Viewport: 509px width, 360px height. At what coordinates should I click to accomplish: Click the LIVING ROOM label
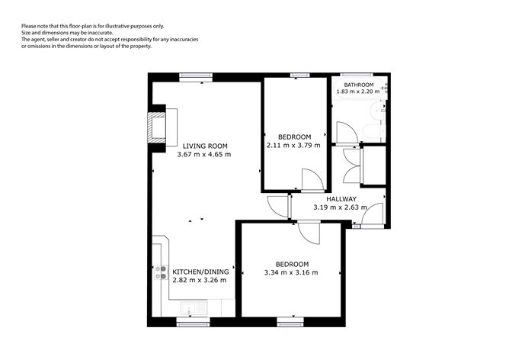[x=204, y=146]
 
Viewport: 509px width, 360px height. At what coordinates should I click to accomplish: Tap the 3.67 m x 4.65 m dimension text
[x=203, y=154]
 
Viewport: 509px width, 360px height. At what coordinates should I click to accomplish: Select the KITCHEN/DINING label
[x=199, y=272]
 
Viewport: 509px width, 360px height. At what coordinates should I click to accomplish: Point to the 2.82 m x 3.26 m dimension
[x=199, y=280]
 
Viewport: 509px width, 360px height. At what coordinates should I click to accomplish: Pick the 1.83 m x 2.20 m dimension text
[x=358, y=92]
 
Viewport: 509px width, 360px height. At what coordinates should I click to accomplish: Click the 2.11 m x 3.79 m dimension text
[x=293, y=145]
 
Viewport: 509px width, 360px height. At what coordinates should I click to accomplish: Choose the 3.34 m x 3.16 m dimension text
[x=290, y=272]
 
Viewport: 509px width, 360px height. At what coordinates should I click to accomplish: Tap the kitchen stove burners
[x=161, y=272]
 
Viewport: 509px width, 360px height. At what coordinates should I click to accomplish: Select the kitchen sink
[x=190, y=309]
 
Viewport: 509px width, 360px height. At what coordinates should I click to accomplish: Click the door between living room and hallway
[x=277, y=205]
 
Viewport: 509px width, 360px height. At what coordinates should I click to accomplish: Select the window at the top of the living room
[x=197, y=76]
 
